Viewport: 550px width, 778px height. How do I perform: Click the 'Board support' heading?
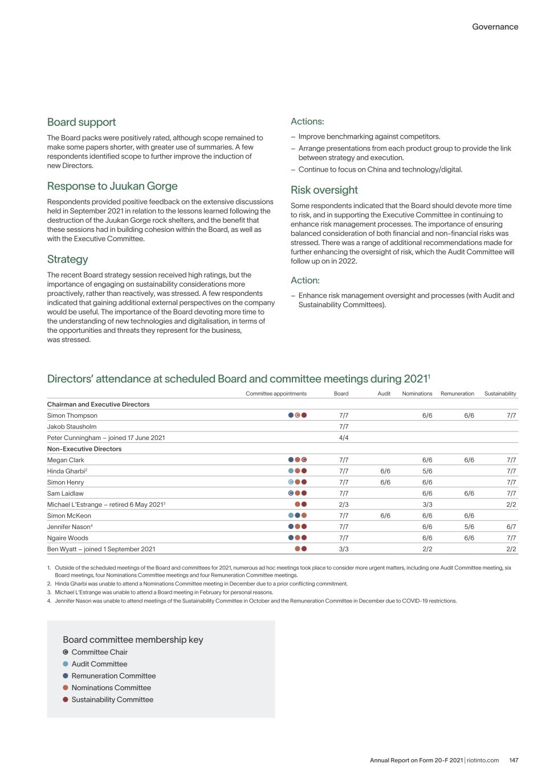tap(82, 122)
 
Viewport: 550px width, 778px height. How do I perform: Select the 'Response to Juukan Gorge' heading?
tap(112, 186)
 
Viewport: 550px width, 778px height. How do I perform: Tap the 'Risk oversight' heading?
tap(324, 190)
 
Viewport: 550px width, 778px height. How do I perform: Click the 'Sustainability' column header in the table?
tap(500, 393)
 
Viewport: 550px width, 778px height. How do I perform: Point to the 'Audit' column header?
tap(384, 393)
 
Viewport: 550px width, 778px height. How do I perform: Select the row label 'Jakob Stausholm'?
tap(72, 426)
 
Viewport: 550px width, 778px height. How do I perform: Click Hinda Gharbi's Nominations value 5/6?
tap(427, 471)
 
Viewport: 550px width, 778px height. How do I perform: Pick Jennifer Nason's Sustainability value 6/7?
tap(511, 527)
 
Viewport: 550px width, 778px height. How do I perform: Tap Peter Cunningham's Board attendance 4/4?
tap(344, 438)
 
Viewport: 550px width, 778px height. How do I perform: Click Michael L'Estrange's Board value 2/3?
tap(344, 504)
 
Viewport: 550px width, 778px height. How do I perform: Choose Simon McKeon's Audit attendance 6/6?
tap(385, 516)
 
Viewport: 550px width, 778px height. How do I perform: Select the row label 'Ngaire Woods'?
tap(68, 538)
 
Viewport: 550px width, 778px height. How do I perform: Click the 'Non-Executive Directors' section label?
tap(84, 449)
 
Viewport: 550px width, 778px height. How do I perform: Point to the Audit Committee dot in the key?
tap(66, 664)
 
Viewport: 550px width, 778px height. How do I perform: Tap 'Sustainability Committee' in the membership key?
tap(112, 699)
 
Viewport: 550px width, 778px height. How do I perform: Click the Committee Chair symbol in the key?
tap(66, 652)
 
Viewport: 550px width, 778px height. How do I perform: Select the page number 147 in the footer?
tap(514, 760)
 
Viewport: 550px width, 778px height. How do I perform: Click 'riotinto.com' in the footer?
tap(483, 760)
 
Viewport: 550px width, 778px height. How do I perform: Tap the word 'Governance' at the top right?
tap(495, 27)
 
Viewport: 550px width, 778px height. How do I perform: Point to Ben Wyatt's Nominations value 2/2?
tap(427, 549)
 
